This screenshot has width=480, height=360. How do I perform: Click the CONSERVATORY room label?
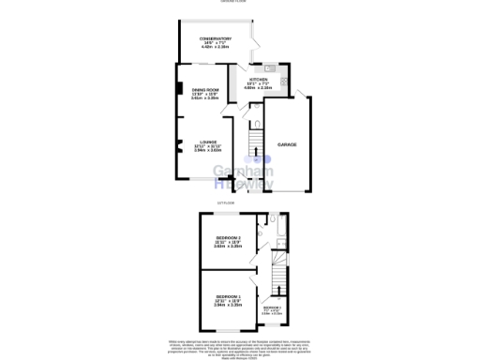[207, 39]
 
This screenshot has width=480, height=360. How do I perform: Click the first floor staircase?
[276, 277]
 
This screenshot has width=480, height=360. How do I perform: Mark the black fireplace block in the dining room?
[178, 90]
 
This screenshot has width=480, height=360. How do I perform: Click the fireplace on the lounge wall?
[177, 144]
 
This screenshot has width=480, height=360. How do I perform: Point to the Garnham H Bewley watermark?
[244, 177]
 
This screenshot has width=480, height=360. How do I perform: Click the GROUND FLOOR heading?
[240, 2]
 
